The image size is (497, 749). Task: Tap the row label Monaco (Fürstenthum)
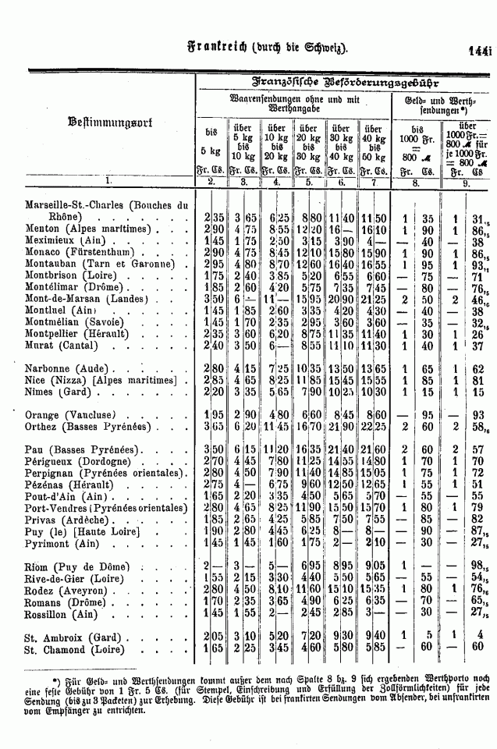(83, 253)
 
